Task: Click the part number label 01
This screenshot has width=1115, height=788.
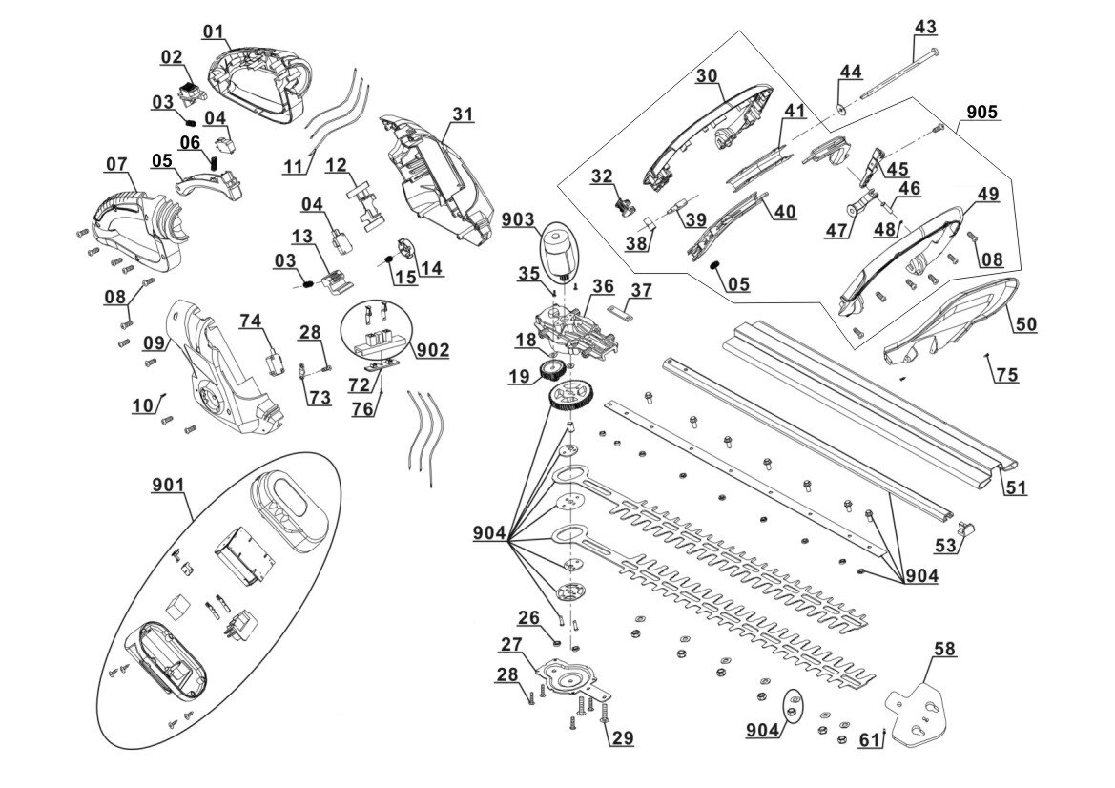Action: [x=214, y=31]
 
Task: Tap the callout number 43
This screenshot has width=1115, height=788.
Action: [x=925, y=27]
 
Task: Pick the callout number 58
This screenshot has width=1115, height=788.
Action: [x=945, y=650]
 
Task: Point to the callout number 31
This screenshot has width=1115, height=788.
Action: [x=463, y=114]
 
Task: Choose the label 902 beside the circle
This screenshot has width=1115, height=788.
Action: [x=434, y=350]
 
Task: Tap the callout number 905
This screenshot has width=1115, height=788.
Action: [x=982, y=113]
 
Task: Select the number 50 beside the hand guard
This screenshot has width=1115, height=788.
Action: [x=1025, y=325]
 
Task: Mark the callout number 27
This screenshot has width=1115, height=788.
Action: [x=511, y=644]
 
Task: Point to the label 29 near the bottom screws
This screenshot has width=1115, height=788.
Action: [x=622, y=738]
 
